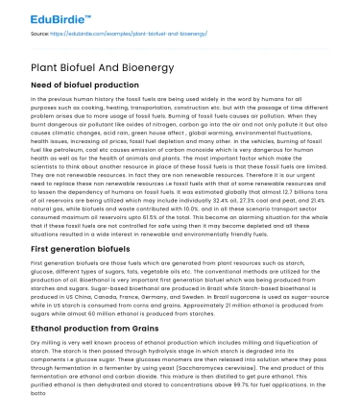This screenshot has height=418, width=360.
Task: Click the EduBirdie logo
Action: pos(42,17)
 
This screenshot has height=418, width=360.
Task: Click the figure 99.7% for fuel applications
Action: pos(254,384)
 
